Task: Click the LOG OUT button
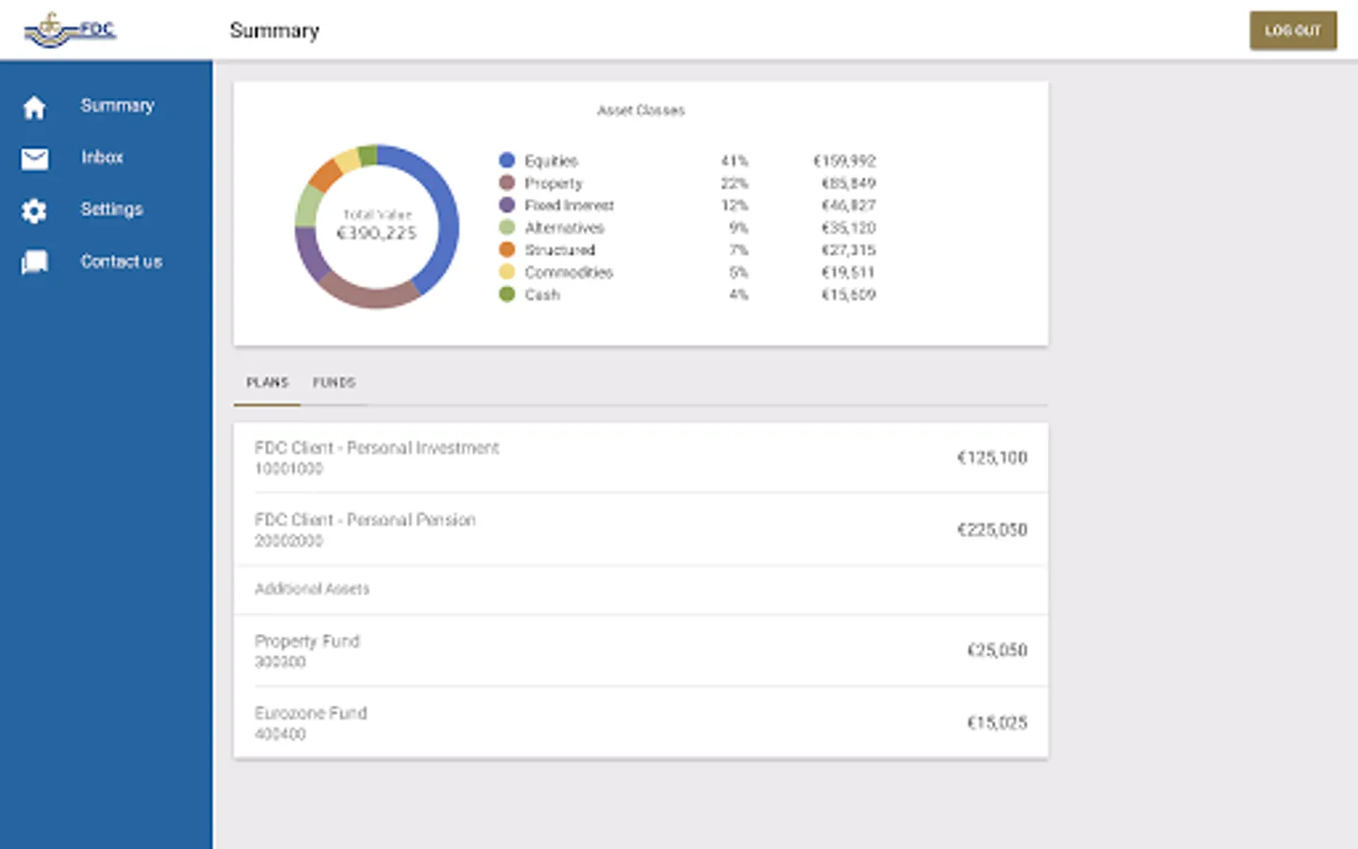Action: (x=1293, y=30)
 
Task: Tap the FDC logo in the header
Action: (x=70, y=30)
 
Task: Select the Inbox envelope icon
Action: (x=35, y=158)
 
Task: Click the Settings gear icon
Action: (x=35, y=210)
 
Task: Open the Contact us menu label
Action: (x=121, y=261)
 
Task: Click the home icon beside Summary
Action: (x=35, y=108)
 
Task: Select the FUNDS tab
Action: (x=334, y=382)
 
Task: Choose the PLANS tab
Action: (x=267, y=382)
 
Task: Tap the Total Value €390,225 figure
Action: (x=376, y=233)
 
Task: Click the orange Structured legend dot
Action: (x=507, y=250)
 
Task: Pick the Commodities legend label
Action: (x=569, y=273)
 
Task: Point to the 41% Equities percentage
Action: (x=734, y=161)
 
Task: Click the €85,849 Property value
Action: (x=848, y=183)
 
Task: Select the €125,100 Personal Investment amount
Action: (x=991, y=458)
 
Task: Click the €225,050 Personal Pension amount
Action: (x=991, y=530)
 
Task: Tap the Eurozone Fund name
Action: (x=310, y=713)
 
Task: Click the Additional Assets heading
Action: (x=312, y=589)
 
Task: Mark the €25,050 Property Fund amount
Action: (x=996, y=650)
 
